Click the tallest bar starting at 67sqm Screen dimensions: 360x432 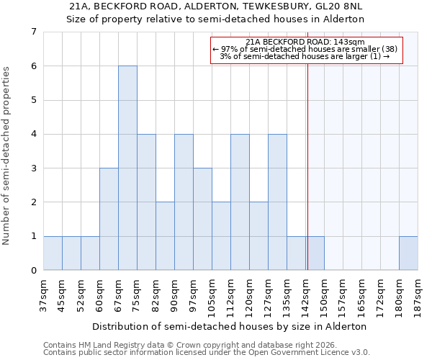pyautogui.click(x=127, y=168)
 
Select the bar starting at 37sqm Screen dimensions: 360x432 pyautogui.click(x=53, y=253)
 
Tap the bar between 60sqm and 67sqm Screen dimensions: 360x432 pyautogui.click(x=109, y=219)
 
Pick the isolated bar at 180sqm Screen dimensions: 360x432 pyautogui.click(x=408, y=253)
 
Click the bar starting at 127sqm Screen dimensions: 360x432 pyautogui.click(x=277, y=202)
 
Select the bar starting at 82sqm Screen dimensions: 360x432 pyautogui.click(x=165, y=235)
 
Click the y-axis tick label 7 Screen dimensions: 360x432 pyautogui.click(x=33, y=32)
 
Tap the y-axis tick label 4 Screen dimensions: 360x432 pyautogui.click(x=33, y=134)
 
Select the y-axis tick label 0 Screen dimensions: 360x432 pyautogui.click(x=33, y=271)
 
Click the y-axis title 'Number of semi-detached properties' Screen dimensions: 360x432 pyautogui.click(x=7, y=156)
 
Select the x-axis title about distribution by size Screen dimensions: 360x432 pyautogui.click(x=230, y=326)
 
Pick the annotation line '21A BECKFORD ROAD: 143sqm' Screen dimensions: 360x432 pyautogui.click(x=305, y=42)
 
